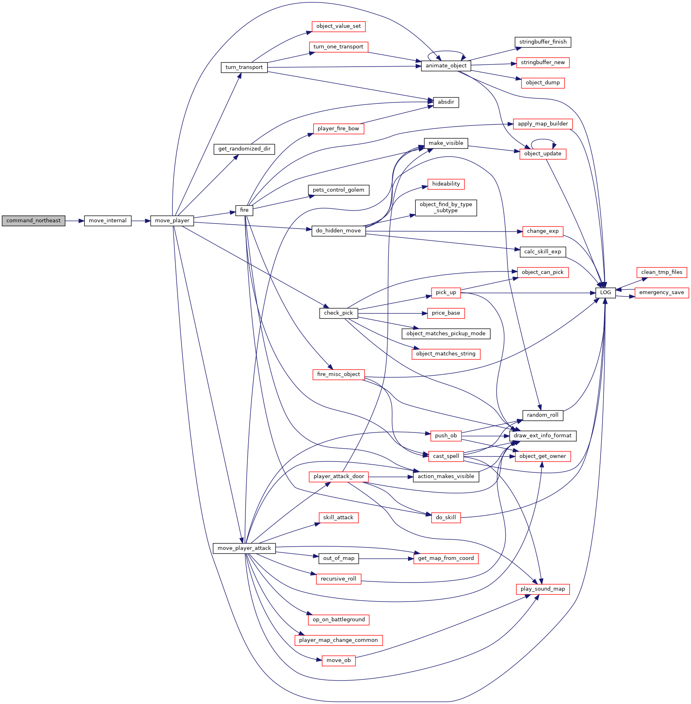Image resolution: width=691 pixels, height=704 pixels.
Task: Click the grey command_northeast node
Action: point(34,221)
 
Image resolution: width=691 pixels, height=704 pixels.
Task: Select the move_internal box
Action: point(108,221)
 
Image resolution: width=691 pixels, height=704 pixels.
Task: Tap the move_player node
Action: point(172,221)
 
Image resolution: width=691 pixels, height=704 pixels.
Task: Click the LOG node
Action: point(605,292)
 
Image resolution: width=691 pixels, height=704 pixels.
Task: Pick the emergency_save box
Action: point(662,292)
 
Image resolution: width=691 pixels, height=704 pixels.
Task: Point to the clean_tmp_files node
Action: point(662,272)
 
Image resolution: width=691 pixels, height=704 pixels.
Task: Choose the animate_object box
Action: point(446,66)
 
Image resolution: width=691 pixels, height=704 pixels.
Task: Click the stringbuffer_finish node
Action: point(543,42)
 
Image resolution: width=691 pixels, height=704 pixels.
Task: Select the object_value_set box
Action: point(339,26)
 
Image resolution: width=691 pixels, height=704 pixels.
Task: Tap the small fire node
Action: point(244,210)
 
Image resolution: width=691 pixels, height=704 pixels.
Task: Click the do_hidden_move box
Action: point(339,231)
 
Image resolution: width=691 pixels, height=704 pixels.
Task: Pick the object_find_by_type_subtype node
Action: point(446,207)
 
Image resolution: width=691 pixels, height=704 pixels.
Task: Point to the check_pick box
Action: point(339,313)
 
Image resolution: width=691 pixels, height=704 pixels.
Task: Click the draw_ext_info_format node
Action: point(543,436)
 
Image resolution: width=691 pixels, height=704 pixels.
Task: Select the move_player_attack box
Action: point(244,548)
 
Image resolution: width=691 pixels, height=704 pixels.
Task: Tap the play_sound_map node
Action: point(543,589)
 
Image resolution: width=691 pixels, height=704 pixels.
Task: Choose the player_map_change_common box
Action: point(339,640)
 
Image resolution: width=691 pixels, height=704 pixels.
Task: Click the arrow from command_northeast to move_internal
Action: point(75,221)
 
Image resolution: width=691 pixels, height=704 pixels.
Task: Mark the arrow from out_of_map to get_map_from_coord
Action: point(386,558)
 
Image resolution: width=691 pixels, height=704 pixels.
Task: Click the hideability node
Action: point(446,184)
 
